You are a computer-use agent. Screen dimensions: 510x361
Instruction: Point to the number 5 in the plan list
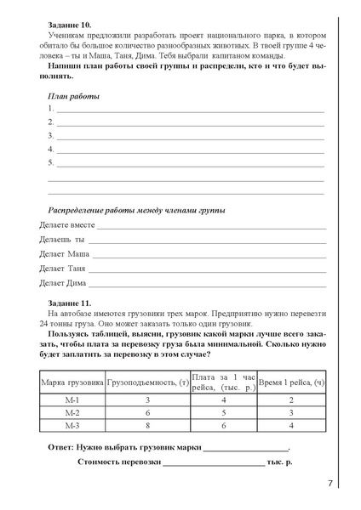click(x=50, y=161)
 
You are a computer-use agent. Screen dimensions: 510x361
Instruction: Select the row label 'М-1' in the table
click(x=72, y=399)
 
